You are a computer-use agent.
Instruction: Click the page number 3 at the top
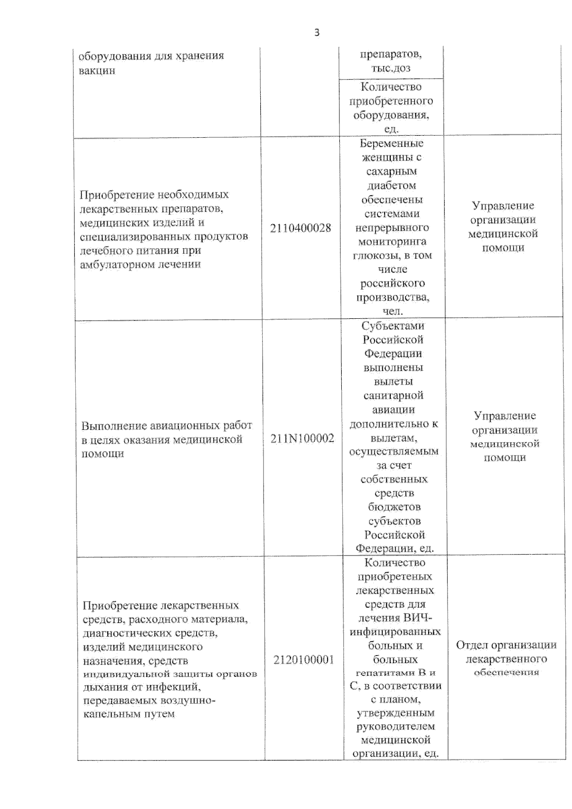tap(317, 33)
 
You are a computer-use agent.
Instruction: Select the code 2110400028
tap(300, 228)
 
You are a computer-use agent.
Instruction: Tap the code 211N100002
tap(302, 438)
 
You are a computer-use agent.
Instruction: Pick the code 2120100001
tap(304, 660)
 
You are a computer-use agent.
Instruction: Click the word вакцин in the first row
tap(97, 71)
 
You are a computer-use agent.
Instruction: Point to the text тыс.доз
tap(391, 68)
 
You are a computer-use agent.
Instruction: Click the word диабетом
tap(391, 185)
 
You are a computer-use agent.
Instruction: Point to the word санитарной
tap(393, 395)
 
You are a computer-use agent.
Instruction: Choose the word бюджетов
tap(394, 507)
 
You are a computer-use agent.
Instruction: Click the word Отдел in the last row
tap(472, 645)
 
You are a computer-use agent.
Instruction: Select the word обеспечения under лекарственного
tap(506, 672)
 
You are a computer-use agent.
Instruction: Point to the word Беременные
tap(391, 143)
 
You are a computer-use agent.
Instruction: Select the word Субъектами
tap(393, 326)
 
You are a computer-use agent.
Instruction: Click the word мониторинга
tap(391, 242)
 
